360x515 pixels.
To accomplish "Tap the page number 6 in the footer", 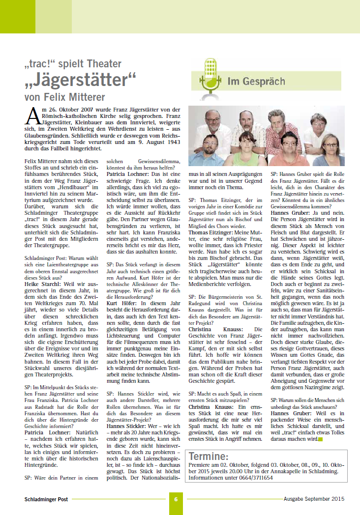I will click(175, 499).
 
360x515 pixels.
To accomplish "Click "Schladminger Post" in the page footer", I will click(47, 499).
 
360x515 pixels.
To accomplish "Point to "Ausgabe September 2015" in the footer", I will click(313, 499).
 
